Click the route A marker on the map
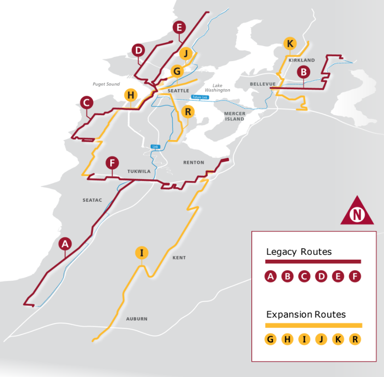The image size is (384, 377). pos(66,244)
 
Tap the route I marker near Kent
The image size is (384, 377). pos(142,253)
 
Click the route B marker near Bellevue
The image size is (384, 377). pos(304,71)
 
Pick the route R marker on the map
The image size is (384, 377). pos(188,111)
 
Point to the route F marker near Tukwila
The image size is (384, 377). pos(112,162)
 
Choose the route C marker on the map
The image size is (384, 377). pos(87,103)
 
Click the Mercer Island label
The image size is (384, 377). pos(235,116)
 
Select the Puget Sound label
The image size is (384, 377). pos(106,84)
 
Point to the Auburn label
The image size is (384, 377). pos(136,319)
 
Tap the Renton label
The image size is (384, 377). pos(193,162)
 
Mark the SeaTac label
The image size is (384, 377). pos(92,200)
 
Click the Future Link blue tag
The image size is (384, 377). pos(200,97)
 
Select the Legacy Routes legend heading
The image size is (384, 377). pos(299,252)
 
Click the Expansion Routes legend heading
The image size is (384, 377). pos(306,314)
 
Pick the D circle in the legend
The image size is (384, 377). pos(321,277)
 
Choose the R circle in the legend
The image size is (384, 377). pos(355,340)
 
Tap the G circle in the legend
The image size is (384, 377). pos(270,340)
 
